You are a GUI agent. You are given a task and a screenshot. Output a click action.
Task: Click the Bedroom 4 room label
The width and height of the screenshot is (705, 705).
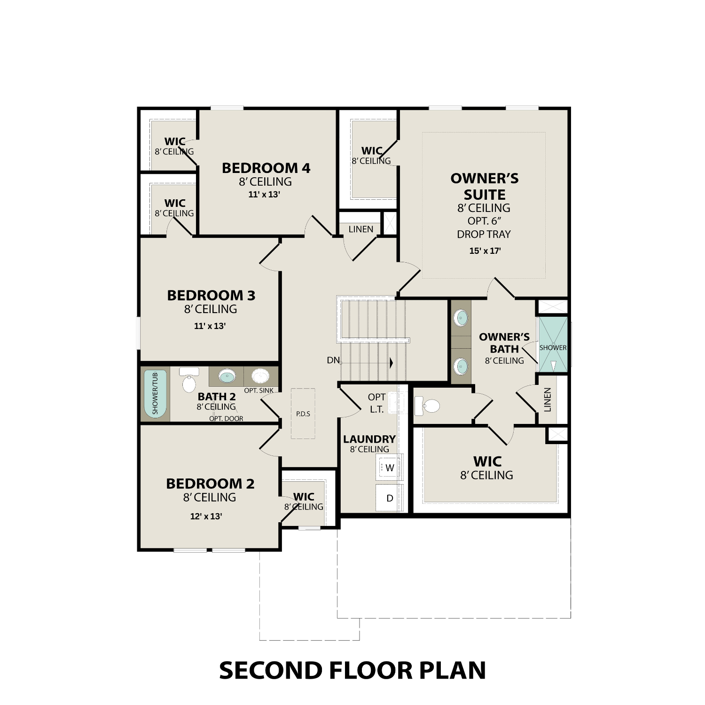tap(266, 168)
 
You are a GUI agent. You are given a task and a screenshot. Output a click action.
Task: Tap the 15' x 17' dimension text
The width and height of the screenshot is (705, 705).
tap(485, 251)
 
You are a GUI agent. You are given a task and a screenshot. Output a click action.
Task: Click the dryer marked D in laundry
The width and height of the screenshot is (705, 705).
tap(390, 498)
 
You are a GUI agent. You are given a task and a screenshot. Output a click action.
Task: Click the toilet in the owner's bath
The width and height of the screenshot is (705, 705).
tap(427, 406)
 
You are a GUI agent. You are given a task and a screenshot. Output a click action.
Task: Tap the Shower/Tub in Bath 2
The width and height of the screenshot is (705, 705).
tap(155, 394)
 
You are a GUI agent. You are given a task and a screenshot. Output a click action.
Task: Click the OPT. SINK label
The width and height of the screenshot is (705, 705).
tap(259, 391)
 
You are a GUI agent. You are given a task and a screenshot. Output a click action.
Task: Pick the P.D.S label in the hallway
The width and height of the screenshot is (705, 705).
tap(303, 414)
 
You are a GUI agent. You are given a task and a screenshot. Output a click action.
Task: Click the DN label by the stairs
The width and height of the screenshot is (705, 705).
tap(333, 360)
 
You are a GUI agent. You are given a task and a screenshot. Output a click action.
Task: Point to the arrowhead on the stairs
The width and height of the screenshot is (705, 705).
tap(391, 363)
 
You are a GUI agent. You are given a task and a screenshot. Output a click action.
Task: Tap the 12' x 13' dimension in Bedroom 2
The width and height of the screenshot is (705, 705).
tap(206, 516)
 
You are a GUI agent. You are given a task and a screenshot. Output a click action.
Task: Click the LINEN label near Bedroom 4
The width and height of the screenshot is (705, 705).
tap(361, 229)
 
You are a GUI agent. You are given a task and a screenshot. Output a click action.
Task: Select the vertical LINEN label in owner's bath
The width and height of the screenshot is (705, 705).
tap(548, 399)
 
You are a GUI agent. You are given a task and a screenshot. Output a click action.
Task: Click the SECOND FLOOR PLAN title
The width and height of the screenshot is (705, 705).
tap(352, 670)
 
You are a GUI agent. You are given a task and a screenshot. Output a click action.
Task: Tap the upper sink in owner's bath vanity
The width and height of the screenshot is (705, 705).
tap(461, 318)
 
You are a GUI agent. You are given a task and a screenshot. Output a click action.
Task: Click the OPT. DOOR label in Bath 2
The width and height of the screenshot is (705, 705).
tap(226, 418)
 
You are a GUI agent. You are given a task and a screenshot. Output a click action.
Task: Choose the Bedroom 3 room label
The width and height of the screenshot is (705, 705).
tap(211, 296)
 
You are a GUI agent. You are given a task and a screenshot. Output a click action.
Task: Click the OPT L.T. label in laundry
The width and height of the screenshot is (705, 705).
tap(376, 403)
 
